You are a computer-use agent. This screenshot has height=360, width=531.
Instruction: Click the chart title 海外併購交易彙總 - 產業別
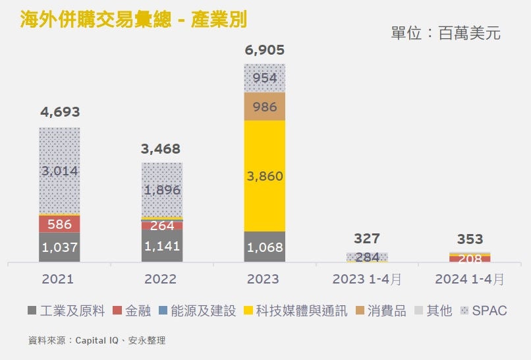[x=132, y=19]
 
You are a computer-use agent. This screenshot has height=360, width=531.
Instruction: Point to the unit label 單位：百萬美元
[x=445, y=33]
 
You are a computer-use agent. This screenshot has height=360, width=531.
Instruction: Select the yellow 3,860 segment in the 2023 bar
[x=264, y=176]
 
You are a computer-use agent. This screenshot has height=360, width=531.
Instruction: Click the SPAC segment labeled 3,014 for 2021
[x=59, y=171]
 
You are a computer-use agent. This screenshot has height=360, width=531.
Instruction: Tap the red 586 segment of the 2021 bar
[x=59, y=224]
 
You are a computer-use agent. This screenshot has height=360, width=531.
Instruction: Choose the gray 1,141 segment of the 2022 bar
[x=162, y=246]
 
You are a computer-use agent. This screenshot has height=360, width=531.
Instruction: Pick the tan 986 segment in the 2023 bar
[x=264, y=107]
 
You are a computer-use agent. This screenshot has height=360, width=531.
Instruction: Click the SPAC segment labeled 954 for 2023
[x=264, y=78]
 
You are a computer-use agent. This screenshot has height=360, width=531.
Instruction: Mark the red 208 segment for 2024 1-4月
[x=470, y=258]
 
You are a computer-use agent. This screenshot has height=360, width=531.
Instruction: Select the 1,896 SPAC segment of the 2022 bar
[x=162, y=190]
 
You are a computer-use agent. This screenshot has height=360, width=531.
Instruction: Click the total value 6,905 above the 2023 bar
[x=264, y=49]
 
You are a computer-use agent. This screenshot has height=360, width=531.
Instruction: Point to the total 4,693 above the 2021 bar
[x=59, y=112]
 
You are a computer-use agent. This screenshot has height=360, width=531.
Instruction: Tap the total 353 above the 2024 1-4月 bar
[x=470, y=238]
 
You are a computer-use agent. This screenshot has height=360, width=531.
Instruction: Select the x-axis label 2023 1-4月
[x=367, y=279]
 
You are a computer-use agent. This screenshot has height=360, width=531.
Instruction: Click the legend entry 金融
[x=132, y=311]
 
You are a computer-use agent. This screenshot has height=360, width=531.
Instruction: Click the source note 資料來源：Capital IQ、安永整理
[x=97, y=341]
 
